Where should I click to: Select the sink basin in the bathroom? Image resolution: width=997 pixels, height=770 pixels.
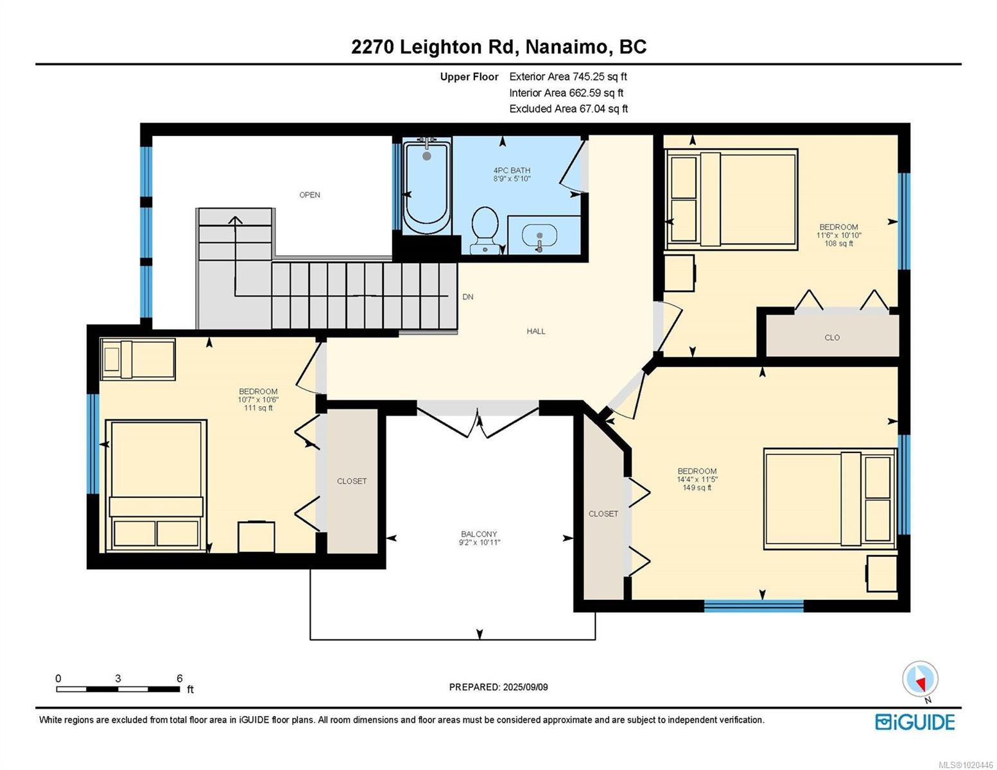(539, 235)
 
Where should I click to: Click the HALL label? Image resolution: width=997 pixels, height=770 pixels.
(536, 331)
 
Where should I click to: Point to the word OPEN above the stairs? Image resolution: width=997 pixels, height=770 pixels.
(309, 195)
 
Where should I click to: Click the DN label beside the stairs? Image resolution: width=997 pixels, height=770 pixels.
(468, 296)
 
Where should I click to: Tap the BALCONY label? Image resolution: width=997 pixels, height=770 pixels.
(479, 535)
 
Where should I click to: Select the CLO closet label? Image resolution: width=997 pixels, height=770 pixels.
(832, 338)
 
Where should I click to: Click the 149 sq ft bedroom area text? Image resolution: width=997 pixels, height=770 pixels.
(697, 488)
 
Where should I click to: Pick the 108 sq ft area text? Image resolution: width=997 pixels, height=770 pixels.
(838, 244)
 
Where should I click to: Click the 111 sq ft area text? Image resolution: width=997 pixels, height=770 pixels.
(258, 407)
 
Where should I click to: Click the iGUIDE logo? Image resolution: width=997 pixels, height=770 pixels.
(915, 722)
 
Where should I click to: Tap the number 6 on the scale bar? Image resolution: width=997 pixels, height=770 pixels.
(179, 678)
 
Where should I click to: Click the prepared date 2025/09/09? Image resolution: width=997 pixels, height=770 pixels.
(525, 687)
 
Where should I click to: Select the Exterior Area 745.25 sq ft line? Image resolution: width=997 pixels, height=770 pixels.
(568, 76)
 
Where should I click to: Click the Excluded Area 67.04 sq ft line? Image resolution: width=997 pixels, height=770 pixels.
(568, 108)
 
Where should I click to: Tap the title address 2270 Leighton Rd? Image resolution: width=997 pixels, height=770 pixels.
(435, 47)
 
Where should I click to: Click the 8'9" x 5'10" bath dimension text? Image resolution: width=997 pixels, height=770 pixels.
(512, 178)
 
